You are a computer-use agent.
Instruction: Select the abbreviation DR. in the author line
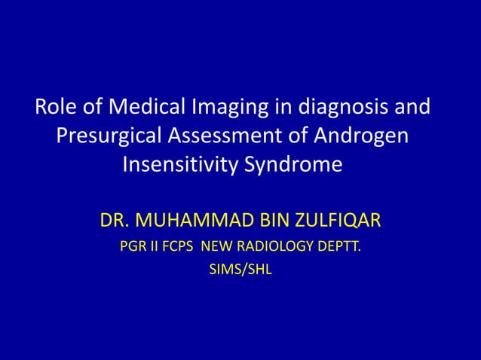point(115,222)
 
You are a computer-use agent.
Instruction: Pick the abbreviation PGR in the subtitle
point(132,247)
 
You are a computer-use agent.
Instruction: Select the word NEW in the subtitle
point(221,247)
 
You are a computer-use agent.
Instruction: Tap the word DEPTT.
point(339,247)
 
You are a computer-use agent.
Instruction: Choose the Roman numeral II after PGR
point(154,247)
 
